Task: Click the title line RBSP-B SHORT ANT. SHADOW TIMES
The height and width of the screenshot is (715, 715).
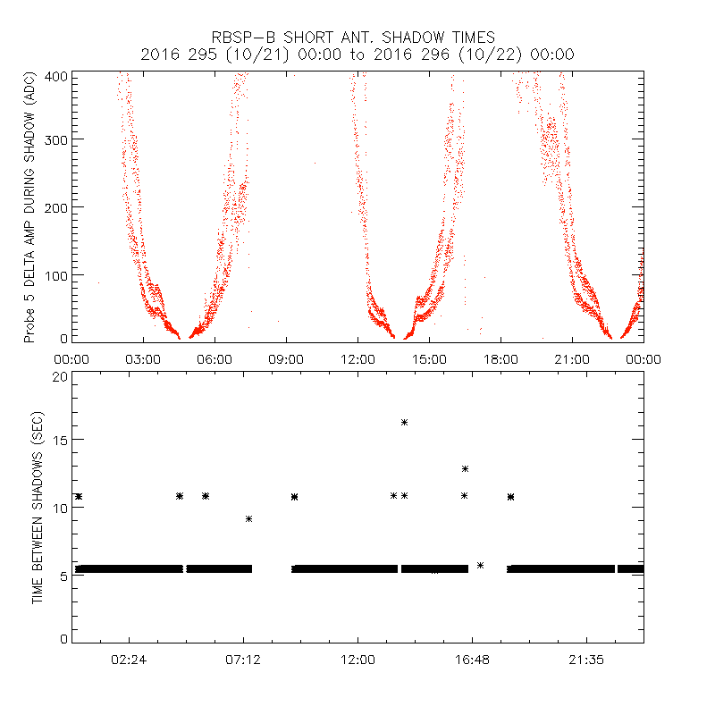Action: [x=357, y=37]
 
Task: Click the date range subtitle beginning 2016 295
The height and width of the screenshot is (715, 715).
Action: [x=357, y=55]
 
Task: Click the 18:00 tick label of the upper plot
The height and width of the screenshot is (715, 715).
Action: [x=500, y=358]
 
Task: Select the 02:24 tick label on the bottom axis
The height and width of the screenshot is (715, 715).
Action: [x=129, y=660]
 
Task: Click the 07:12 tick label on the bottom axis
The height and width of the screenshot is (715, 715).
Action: [x=243, y=660]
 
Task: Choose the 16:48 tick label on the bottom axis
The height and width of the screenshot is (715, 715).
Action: [x=472, y=660]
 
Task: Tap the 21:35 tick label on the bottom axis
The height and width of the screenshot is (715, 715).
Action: [x=586, y=660]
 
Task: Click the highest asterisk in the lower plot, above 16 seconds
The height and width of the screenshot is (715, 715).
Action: [x=404, y=422]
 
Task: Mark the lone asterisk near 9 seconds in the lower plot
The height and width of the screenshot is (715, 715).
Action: [x=248, y=518]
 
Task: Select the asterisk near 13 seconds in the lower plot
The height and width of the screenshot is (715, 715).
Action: [x=465, y=468]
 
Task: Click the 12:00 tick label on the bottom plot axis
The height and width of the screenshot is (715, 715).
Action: [x=357, y=660]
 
